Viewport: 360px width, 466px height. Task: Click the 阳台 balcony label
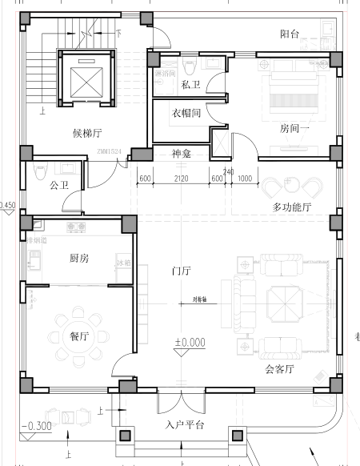(290, 34)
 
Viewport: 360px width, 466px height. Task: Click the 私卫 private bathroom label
(190, 85)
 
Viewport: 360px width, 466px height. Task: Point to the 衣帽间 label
(186, 113)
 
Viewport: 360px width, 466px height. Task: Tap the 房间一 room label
(294, 128)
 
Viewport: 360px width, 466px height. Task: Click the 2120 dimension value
(182, 179)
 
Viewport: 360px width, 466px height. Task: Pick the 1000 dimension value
(244, 179)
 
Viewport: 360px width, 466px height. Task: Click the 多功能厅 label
(291, 207)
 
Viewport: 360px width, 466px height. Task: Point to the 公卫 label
(58, 186)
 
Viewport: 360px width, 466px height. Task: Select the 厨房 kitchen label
(74, 257)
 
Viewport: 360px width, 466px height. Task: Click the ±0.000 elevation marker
(190, 343)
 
